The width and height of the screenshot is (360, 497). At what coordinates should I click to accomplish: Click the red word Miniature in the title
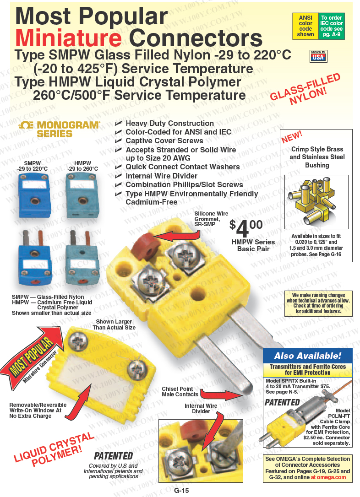point(69,38)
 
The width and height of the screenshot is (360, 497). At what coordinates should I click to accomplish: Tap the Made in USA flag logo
point(318,56)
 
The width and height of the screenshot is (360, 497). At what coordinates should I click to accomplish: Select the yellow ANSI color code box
point(305,26)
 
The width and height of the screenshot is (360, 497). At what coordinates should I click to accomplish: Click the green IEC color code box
point(332,26)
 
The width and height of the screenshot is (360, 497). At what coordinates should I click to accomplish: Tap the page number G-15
point(181,490)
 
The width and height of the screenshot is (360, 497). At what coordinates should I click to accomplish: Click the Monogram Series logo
point(59,129)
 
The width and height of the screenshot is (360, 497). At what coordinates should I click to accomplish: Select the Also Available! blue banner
point(308,355)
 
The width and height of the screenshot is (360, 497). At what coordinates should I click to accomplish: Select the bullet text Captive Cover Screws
point(164,141)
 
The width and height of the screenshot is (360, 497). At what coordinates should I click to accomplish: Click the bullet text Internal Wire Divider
point(161,176)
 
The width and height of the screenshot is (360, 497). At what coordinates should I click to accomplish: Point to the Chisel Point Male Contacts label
point(180,391)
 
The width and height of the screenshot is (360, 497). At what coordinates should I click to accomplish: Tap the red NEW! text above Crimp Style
point(292,137)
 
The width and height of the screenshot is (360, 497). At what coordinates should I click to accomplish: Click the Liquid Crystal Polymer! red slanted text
point(54,449)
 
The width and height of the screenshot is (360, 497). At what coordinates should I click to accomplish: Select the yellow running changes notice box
point(318,303)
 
